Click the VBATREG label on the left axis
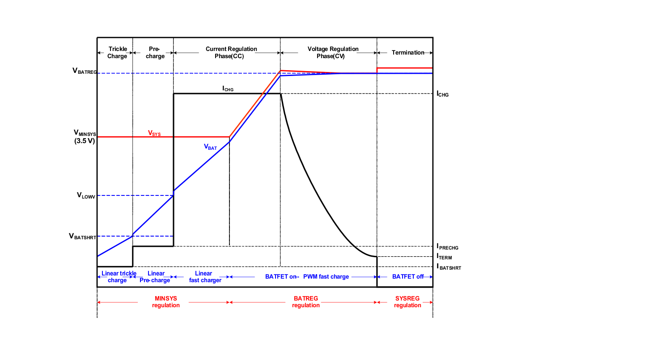click(84, 71)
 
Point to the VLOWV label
click(86, 195)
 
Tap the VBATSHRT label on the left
click(83, 236)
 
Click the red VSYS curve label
click(154, 133)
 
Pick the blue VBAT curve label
click(210, 146)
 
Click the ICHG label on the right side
click(442, 94)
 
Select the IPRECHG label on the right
click(447, 247)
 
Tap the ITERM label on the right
click(444, 257)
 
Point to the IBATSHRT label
click(449, 267)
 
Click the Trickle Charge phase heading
click(117, 52)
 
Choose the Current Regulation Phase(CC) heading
click(231, 52)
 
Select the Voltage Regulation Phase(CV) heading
click(333, 52)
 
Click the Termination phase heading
click(408, 53)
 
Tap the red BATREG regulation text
click(306, 301)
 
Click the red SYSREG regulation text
click(407, 301)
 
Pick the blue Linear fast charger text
click(205, 277)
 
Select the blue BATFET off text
click(407, 277)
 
